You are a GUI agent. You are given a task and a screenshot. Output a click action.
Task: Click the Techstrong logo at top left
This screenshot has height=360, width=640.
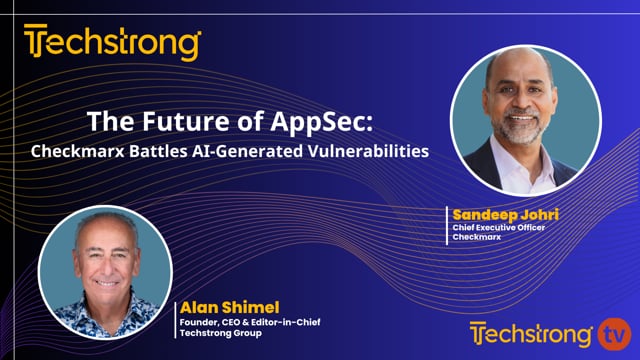pyautogui.click(x=112, y=43)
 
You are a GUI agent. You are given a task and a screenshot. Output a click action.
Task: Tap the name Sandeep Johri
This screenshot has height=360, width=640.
pyautogui.click(x=496, y=214)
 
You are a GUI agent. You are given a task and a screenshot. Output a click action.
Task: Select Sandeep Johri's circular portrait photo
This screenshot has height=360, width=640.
pyautogui.click(x=526, y=121)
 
